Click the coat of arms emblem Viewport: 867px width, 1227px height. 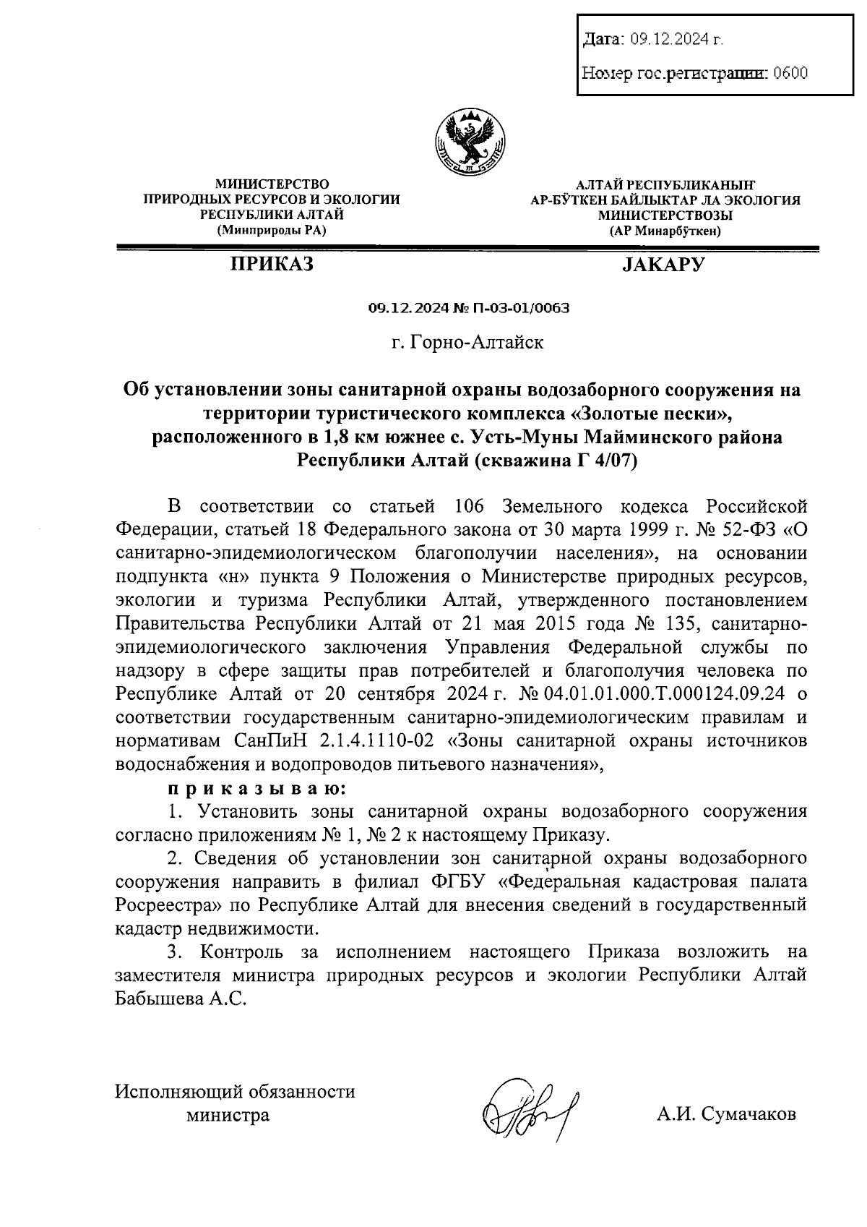pyautogui.click(x=470, y=140)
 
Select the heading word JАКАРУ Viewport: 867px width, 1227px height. pyautogui.click(x=663, y=265)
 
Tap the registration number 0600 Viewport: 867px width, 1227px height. pyautogui.click(x=790, y=73)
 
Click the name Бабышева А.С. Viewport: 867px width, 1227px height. pyautogui.click(x=181, y=999)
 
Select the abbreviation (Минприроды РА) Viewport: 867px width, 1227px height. pyautogui.click(x=272, y=231)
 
